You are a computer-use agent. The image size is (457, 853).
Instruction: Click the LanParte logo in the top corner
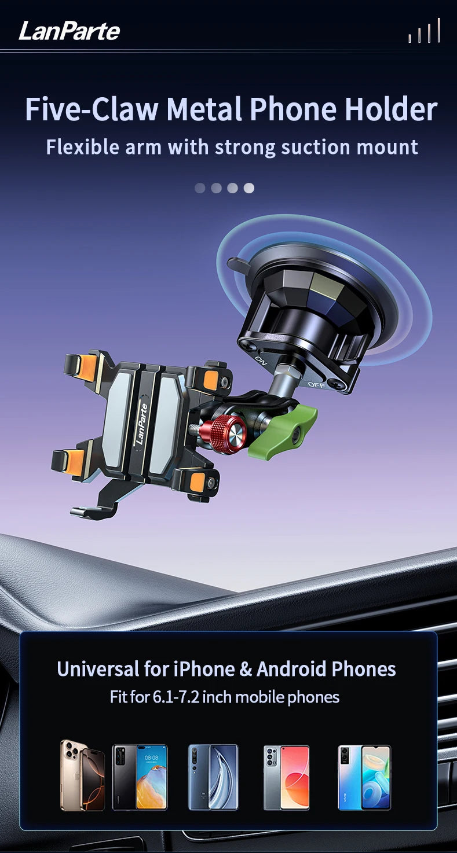click(69, 30)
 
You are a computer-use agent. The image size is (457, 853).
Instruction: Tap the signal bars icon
click(424, 31)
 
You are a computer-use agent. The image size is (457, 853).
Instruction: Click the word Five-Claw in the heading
click(92, 109)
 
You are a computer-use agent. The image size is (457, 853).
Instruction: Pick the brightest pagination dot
click(248, 188)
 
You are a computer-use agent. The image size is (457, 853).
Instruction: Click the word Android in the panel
click(291, 669)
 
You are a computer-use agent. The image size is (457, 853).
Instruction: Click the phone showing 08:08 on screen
click(140, 777)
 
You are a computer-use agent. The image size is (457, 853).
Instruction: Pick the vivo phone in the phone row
click(364, 777)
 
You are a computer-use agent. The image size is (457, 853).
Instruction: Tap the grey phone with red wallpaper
click(286, 777)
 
